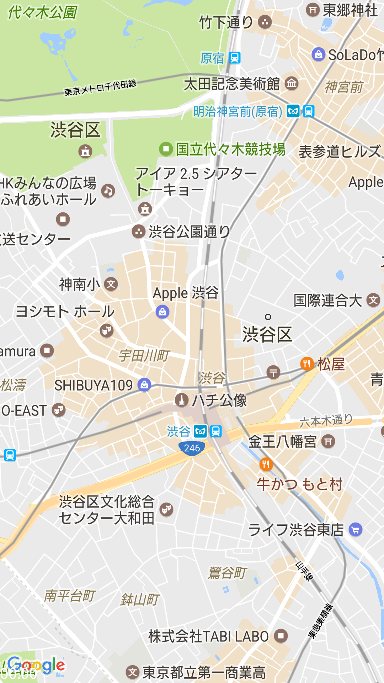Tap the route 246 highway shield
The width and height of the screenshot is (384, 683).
(x=192, y=448)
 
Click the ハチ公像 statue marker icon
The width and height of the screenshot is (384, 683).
(x=181, y=400)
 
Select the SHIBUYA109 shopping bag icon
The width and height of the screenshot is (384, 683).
(x=144, y=385)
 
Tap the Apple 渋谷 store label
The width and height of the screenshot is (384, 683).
(x=186, y=293)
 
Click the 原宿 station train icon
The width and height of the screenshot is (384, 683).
(x=235, y=58)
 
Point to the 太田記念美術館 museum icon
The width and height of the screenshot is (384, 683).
(x=292, y=84)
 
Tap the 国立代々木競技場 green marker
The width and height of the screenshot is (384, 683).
(x=166, y=149)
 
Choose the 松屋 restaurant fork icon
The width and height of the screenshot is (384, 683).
(x=307, y=364)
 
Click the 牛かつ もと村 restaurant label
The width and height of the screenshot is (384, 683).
(x=299, y=485)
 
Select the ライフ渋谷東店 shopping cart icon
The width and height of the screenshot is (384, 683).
(x=356, y=530)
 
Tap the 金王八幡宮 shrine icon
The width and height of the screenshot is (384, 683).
(x=328, y=442)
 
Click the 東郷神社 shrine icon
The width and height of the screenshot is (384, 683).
(x=313, y=10)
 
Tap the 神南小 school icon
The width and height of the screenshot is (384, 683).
(x=111, y=284)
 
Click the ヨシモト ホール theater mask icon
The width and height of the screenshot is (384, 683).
(x=106, y=330)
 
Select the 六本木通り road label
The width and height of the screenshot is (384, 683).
(x=326, y=421)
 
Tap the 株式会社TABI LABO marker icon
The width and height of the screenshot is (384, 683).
(x=281, y=636)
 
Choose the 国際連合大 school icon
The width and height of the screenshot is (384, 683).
(x=373, y=300)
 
